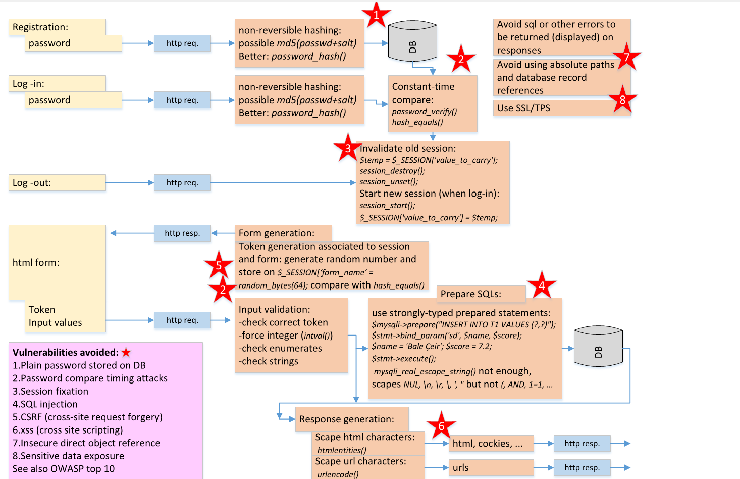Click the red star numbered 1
click(376, 15)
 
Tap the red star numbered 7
click(626, 57)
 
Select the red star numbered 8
click(622, 100)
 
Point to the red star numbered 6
click(441, 426)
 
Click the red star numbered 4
click(542, 285)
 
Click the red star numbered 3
click(348, 149)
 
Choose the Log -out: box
click(57, 183)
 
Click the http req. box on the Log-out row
click(182, 183)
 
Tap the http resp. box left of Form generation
click(182, 233)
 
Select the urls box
click(491, 468)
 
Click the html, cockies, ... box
click(491, 444)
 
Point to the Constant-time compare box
click(433, 104)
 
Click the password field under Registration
click(73, 43)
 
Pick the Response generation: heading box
click(352, 419)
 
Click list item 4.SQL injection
click(45, 404)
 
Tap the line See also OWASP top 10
click(64, 469)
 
